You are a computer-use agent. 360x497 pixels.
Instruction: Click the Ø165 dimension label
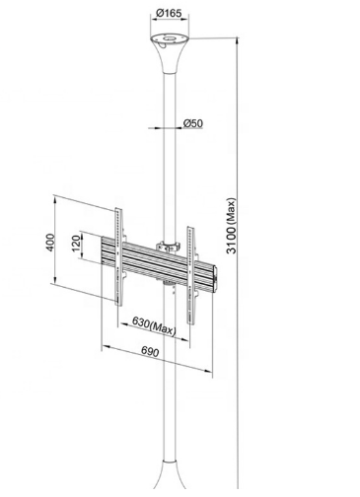coord(169,13)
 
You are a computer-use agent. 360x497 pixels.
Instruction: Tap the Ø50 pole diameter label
coord(193,123)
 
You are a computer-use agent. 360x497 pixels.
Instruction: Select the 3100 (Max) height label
coord(232,226)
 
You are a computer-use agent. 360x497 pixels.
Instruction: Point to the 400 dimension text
coord(49,243)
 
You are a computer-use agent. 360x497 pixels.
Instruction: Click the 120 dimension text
coord(76,244)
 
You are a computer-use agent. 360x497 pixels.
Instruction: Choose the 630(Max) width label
coord(154,325)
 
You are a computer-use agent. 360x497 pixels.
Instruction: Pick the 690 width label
coord(150,352)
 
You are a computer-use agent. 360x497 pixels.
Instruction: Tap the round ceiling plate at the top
coord(170,39)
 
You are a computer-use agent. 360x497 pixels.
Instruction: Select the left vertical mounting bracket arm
coord(118,256)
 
